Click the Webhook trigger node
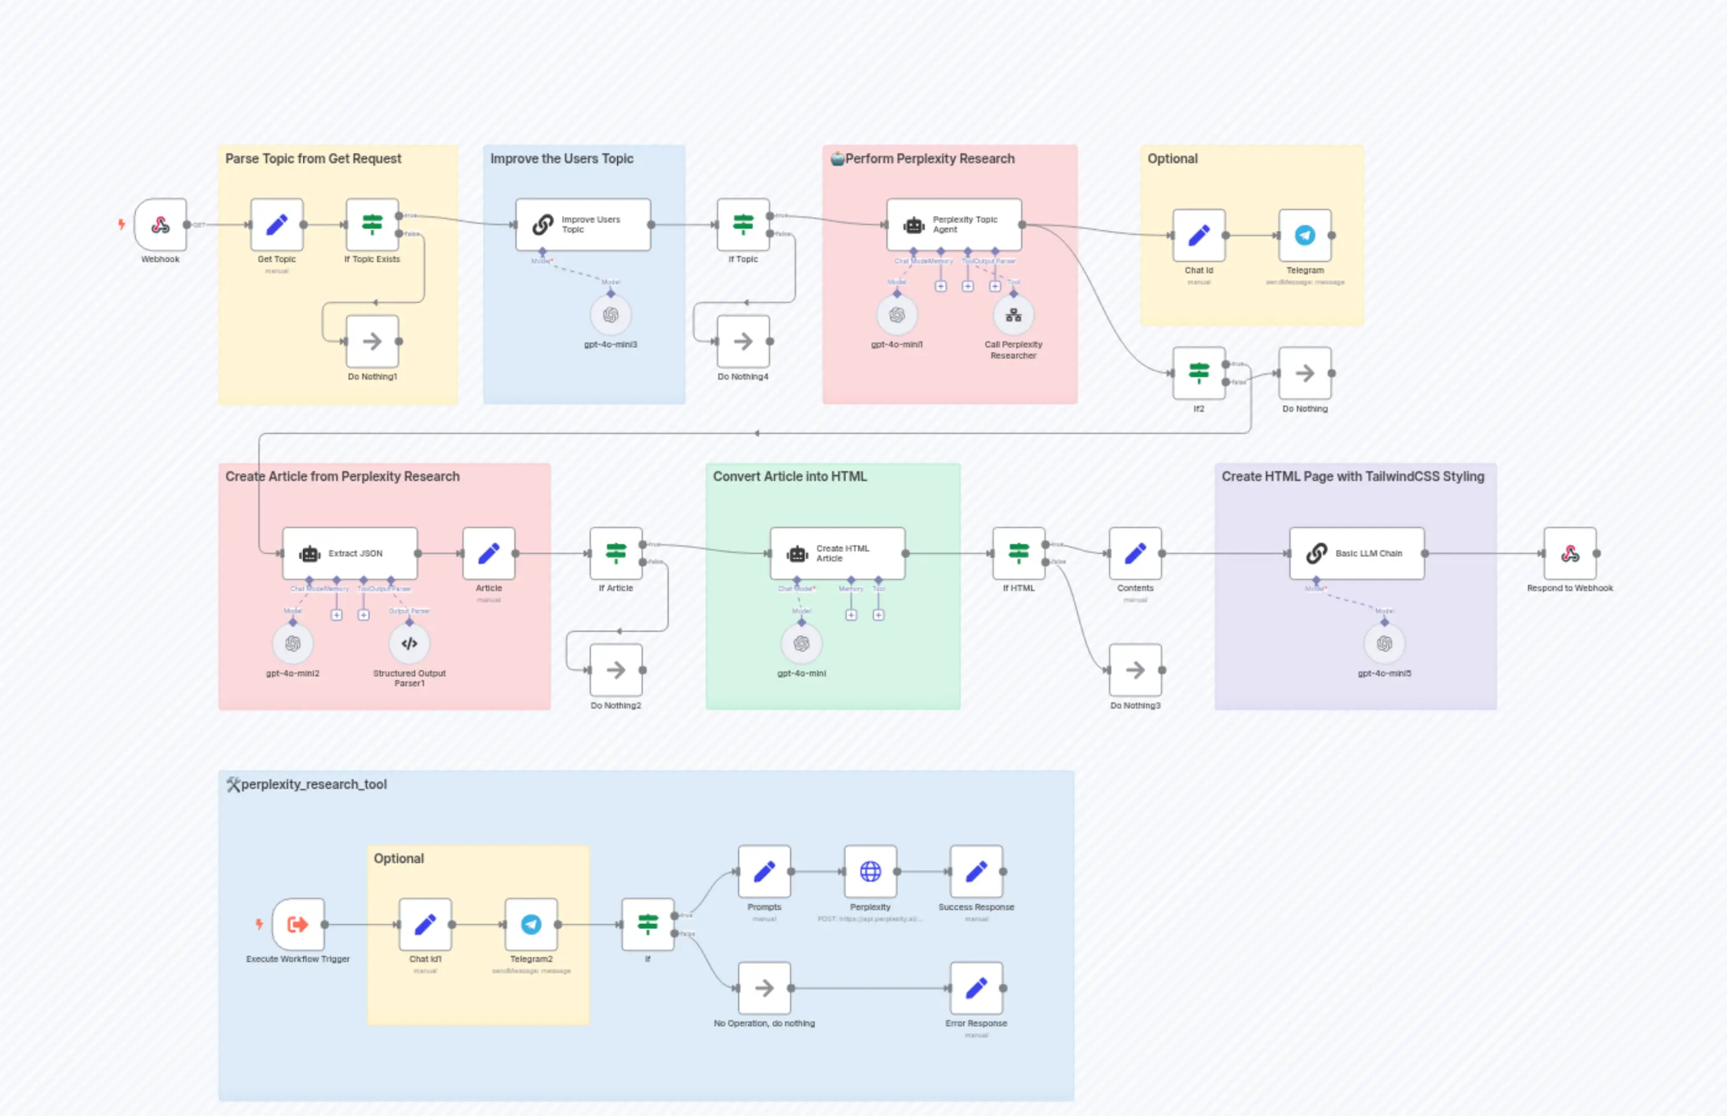tap(160, 224)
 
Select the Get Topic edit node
tap(277, 224)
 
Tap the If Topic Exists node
tap(372, 224)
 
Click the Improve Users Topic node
tap(583, 224)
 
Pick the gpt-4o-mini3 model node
tap(611, 315)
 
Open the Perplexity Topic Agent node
tap(954, 224)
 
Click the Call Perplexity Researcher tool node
tap(1014, 315)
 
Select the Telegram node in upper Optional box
tap(1305, 236)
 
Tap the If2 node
tap(1199, 373)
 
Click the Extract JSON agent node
tap(350, 553)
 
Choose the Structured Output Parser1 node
tap(409, 644)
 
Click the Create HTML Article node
tap(838, 553)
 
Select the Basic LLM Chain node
tap(1357, 553)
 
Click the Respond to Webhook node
tap(1570, 553)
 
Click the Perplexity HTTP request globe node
tap(870, 872)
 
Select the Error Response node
tap(976, 988)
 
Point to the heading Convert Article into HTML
tap(789, 476)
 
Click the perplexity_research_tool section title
tap(313, 784)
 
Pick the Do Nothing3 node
tap(1135, 670)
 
